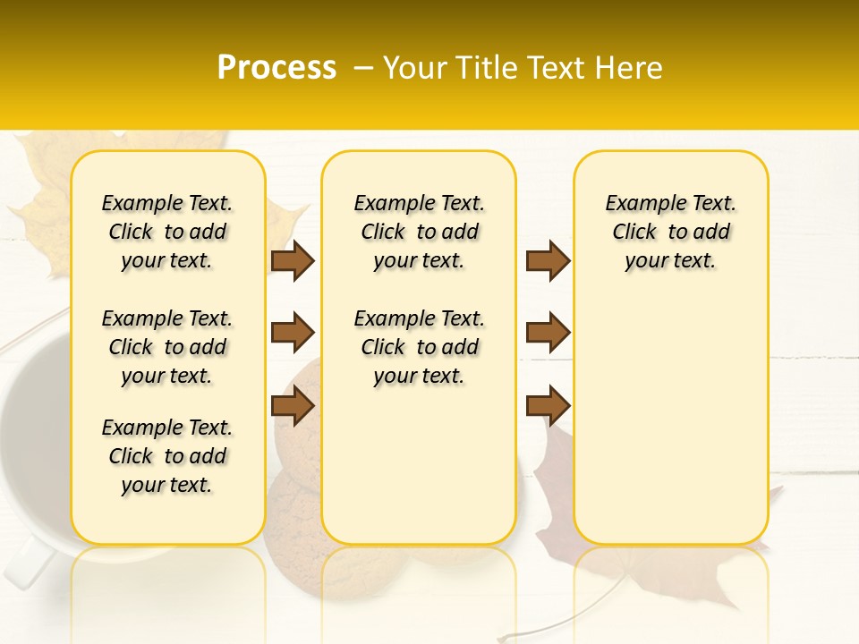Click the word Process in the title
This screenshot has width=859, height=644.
(276, 68)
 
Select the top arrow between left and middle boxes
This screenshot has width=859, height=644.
(293, 260)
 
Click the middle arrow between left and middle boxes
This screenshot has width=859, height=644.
(293, 333)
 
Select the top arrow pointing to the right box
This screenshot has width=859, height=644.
(548, 260)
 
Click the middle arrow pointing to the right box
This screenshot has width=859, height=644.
(548, 333)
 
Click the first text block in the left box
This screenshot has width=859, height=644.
(167, 232)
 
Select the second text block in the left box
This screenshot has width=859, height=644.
(167, 347)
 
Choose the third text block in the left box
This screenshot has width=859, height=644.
(167, 456)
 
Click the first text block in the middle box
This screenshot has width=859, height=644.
(419, 232)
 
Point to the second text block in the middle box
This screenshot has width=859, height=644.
(419, 347)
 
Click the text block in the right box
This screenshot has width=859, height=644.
(671, 232)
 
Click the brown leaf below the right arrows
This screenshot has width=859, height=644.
(555, 474)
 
